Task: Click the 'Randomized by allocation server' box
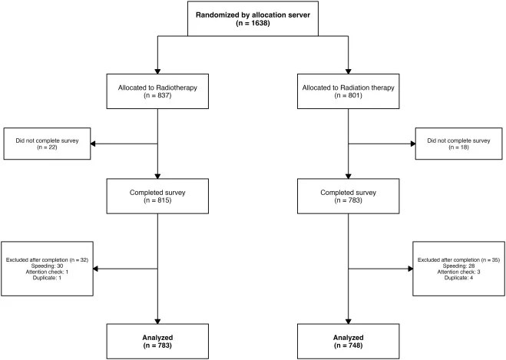tap(253, 18)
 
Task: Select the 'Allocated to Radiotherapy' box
tap(157, 91)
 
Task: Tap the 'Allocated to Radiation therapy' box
tap(348, 91)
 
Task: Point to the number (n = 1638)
tap(253, 23)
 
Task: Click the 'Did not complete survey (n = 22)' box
tap(47, 144)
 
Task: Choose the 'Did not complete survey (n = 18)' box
tap(458, 144)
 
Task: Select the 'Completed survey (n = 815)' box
tap(157, 197)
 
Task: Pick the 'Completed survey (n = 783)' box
tap(348, 197)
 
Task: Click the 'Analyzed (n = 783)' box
tap(157, 342)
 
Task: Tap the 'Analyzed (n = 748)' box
tap(348, 342)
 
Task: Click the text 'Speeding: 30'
tap(47, 266)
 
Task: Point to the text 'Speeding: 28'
tap(458, 266)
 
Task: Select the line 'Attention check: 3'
tap(458, 272)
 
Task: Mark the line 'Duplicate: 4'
tap(458, 278)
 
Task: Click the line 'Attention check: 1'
tap(47, 272)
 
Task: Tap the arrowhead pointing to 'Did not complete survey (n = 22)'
tap(93, 144)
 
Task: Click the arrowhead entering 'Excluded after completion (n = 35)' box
tap(411, 269)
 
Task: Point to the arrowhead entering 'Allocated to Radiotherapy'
tap(157, 71)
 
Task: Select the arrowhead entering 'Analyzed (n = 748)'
tap(348, 322)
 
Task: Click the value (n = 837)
tap(157, 95)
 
